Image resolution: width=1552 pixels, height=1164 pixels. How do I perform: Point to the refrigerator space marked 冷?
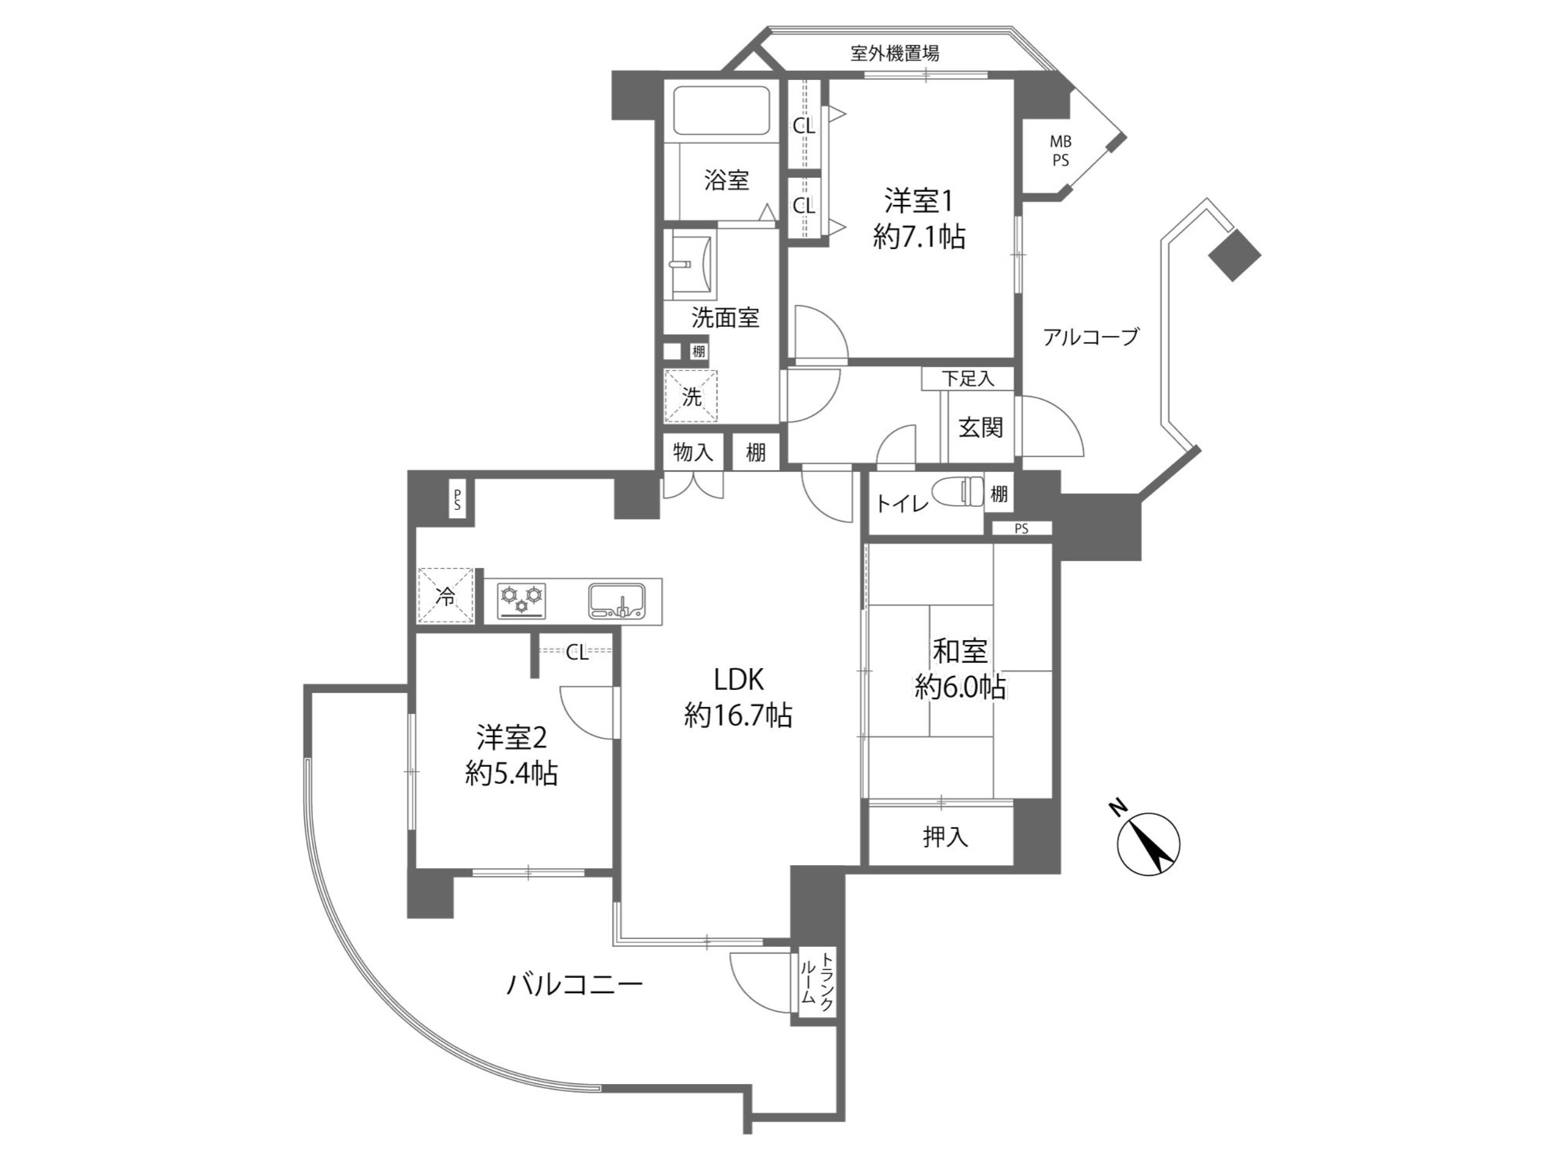tap(446, 596)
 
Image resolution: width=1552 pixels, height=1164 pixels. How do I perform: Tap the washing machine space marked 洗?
tap(691, 396)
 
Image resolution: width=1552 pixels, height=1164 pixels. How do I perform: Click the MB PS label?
tap(1060, 151)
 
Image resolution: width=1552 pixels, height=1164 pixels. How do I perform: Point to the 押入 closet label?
tap(945, 837)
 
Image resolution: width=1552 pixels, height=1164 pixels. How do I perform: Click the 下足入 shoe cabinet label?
tap(968, 380)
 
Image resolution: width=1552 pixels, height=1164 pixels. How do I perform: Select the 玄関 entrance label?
tap(980, 427)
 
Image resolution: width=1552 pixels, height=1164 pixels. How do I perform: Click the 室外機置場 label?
tap(895, 53)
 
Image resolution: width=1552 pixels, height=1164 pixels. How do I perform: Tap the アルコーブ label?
tap(1090, 338)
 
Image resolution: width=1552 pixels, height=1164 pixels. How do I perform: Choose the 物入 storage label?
tap(693, 452)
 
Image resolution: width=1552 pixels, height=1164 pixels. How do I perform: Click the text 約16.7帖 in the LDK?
tap(739, 715)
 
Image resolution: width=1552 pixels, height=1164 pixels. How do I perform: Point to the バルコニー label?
tap(575, 986)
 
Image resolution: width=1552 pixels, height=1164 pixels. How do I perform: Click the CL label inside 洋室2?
tap(577, 654)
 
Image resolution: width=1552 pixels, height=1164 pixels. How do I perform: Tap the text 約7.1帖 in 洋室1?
tap(919, 236)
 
